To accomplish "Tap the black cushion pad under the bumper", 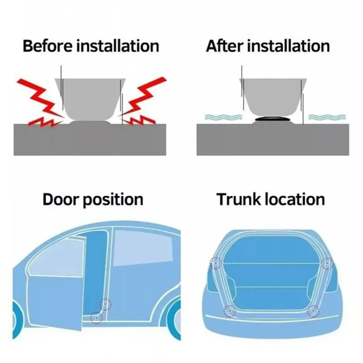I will click(273, 119).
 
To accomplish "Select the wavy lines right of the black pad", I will click(327, 117).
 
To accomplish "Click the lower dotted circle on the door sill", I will click(96, 317).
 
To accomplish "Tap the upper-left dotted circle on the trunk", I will click(216, 262).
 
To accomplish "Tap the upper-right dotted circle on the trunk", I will click(327, 262).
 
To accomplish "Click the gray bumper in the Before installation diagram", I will click(91, 98).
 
